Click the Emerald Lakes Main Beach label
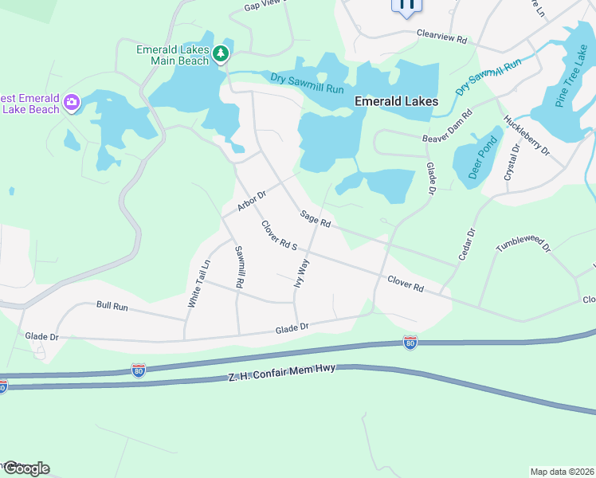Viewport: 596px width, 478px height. (x=172, y=54)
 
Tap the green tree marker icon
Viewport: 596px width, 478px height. (x=222, y=54)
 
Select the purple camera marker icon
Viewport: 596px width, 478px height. (x=73, y=101)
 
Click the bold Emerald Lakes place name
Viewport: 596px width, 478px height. (x=396, y=101)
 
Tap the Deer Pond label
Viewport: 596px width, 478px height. (x=484, y=158)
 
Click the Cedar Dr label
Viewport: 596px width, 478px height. (x=466, y=244)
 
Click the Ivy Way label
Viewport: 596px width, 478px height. (x=301, y=272)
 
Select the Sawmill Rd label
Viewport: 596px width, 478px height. (x=238, y=267)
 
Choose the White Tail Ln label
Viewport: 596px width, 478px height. (x=199, y=284)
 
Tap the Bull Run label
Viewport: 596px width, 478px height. (x=112, y=306)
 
